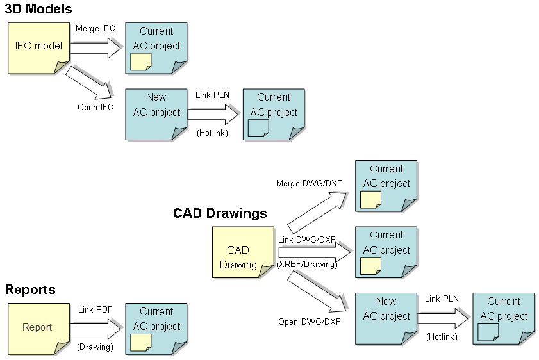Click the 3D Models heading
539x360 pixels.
pos(38,9)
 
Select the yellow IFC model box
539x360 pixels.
pos(38,47)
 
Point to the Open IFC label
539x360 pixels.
pos(95,107)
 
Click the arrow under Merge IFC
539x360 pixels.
pos(95,47)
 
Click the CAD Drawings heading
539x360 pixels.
pos(220,213)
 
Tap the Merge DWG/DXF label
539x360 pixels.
pos(309,184)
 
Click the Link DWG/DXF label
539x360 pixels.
pos(307,240)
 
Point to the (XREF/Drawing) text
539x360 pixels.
pos(306,263)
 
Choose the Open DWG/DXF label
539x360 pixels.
pos(309,322)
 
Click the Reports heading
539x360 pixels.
pos(30,290)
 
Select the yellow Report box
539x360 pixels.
pos(38,328)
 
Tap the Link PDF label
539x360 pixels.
pos(95,310)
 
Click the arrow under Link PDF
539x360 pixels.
pos(95,329)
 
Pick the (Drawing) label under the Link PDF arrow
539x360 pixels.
pos(95,347)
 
